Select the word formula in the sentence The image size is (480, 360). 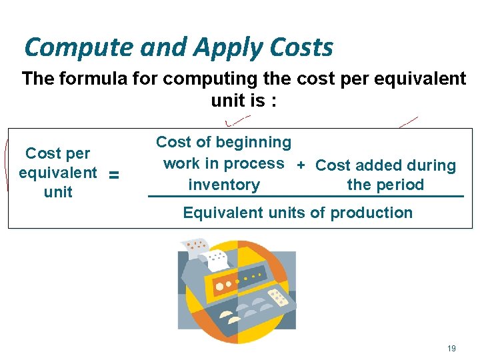click(x=108, y=79)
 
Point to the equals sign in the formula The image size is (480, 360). click(x=114, y=175)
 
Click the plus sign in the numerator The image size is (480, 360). click(x=301, y=165)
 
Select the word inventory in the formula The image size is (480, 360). click(x=224, y=185)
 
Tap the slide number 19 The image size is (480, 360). click(x=452, y=348)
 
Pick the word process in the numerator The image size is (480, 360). click(x=256, y=163)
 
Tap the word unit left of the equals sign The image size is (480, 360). click(x=58, y=192)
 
